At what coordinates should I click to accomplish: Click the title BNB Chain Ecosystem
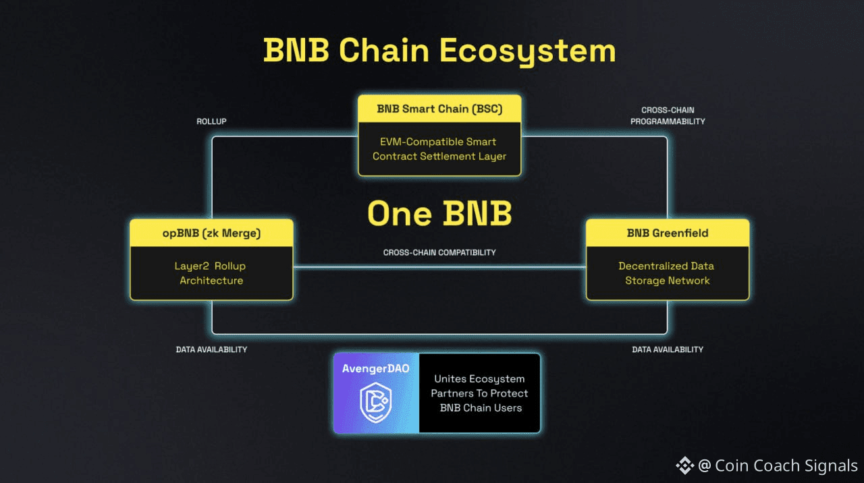click(x=439, y=51)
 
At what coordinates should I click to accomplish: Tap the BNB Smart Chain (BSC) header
click(x=439, y=109)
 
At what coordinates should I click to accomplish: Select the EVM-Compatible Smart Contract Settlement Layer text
click(x=439, y=149)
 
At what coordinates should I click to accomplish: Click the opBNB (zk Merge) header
click(x=211, y=233)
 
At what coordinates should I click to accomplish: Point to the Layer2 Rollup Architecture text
click(x=211, y=273)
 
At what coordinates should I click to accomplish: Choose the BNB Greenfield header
click(x=668, y=233)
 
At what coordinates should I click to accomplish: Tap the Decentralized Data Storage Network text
click(x=668, y=273)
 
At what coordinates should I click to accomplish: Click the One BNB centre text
click(x=439, y=214)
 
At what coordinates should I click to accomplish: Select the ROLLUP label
click(x=211, y=122)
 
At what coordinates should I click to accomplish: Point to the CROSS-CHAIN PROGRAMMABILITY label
click(x=668, y=115)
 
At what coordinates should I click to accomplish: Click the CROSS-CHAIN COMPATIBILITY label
click(x=439, y=252)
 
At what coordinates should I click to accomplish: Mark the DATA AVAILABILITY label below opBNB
click(x=211, y=349)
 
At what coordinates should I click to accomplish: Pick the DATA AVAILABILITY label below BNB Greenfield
click(x=668, y=349)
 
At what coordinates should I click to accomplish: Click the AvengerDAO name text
click(x=376, y=369)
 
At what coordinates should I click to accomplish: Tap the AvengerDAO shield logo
click(x=375, y=403)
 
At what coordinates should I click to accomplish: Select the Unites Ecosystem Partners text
click(x=480, y=393)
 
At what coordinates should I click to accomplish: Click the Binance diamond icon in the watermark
click(x=685, y=465)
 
